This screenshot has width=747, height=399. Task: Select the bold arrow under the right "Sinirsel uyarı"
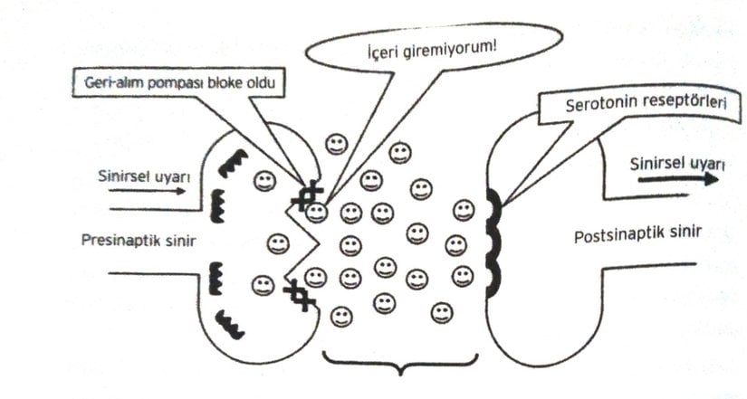pos(677,179)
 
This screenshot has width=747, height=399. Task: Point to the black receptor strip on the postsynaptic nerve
pos(493,242)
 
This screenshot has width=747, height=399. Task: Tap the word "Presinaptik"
pos(113,241)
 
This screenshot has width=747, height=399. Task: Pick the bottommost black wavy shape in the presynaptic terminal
pos(231,323)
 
